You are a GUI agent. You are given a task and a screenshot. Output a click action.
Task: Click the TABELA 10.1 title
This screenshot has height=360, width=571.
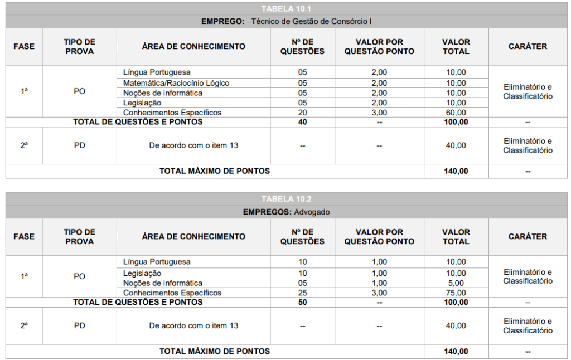point(286,8)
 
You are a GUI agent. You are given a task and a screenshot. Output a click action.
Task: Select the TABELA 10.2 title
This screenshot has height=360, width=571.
point(286,199)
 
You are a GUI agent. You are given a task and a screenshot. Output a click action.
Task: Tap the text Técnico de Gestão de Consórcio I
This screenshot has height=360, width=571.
point(311,22)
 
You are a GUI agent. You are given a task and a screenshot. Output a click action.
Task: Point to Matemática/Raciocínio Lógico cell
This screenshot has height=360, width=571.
point(176,83)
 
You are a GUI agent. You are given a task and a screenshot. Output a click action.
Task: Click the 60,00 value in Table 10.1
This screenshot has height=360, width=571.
point(456,113)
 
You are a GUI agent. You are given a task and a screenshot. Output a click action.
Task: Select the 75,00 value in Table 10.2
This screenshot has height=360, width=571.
point(456,293)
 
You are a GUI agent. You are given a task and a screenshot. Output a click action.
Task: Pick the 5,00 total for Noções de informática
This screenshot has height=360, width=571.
point(456,283)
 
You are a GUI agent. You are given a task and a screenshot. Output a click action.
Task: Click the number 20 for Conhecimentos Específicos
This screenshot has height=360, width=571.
point(302,113)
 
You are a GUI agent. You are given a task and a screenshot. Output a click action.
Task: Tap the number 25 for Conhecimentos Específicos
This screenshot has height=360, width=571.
point(302,293)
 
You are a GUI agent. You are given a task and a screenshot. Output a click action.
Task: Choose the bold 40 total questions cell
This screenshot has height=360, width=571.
point(302,122)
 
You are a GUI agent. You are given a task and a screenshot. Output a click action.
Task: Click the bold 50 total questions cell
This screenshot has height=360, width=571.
point(302,302)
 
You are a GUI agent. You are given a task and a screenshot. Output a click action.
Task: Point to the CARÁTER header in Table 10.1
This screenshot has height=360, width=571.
point(528,47)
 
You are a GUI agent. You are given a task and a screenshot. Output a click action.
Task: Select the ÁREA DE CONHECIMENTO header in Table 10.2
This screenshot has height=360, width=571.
point(193,237)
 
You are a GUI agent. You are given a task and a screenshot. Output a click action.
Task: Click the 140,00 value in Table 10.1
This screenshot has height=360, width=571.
point(456,171)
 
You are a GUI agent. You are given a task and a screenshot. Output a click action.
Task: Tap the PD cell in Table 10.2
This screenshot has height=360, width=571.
point(80,326)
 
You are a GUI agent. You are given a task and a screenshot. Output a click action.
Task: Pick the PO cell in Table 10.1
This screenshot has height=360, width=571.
point(80,91)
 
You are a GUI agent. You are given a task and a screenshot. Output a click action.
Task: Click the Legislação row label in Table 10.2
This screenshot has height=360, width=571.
point(142,273)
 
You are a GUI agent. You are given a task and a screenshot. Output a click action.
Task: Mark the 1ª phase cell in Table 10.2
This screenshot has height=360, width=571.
point(24,276)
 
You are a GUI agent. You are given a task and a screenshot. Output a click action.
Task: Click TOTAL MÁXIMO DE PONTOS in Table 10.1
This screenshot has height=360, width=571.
point(215,171)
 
